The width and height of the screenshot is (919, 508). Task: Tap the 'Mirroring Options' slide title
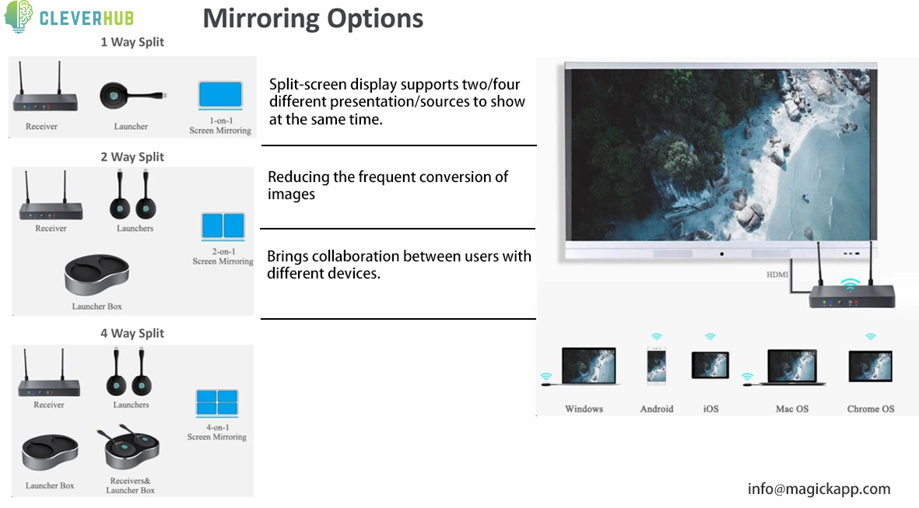coord(313,19)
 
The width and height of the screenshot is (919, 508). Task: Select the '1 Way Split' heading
coord(132,42)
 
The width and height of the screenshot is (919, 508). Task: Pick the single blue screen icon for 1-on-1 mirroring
coord(220,95)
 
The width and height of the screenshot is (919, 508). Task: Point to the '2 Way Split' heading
coord(132,157)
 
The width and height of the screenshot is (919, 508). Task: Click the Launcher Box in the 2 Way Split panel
coord(96,274)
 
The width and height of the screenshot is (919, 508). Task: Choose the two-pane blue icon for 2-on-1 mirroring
coord(223,226)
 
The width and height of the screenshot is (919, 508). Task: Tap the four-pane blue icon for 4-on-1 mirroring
coord(217,402)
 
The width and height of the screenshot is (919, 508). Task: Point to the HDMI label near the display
coord(777,274)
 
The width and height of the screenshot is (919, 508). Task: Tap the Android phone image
coord(657,366)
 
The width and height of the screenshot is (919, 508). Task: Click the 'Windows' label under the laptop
coord(584,409)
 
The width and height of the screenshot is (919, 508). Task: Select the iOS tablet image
coord(710,365)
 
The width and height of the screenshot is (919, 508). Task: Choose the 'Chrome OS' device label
coord(870,409)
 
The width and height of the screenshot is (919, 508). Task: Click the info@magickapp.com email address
coord(819,489)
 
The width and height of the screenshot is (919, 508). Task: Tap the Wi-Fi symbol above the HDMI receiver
coord(850,285)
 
